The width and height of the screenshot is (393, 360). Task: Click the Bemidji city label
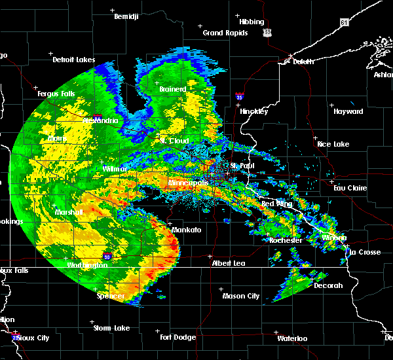[x=126, y=17]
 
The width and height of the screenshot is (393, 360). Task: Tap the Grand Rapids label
[x=225, y=33]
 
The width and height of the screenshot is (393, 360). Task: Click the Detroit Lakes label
[x=73, y=60]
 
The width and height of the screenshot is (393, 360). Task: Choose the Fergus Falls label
[x=56, y=94]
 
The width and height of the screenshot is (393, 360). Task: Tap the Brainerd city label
[x=173, y=89]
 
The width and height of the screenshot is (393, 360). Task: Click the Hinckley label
[x=253, y=111]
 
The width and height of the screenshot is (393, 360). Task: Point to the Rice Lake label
[x=333, y=144]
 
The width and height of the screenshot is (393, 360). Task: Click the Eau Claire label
[x=349, y=188]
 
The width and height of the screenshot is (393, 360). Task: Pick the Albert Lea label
[x=228, y=263]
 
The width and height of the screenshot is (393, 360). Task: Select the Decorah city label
[x=328, y=285]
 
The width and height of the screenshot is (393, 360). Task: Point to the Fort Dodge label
[x=178, y=337]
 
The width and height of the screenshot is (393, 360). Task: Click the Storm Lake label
[x=111, y=328]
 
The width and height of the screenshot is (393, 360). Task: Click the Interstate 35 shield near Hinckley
[x=238, y=96]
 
